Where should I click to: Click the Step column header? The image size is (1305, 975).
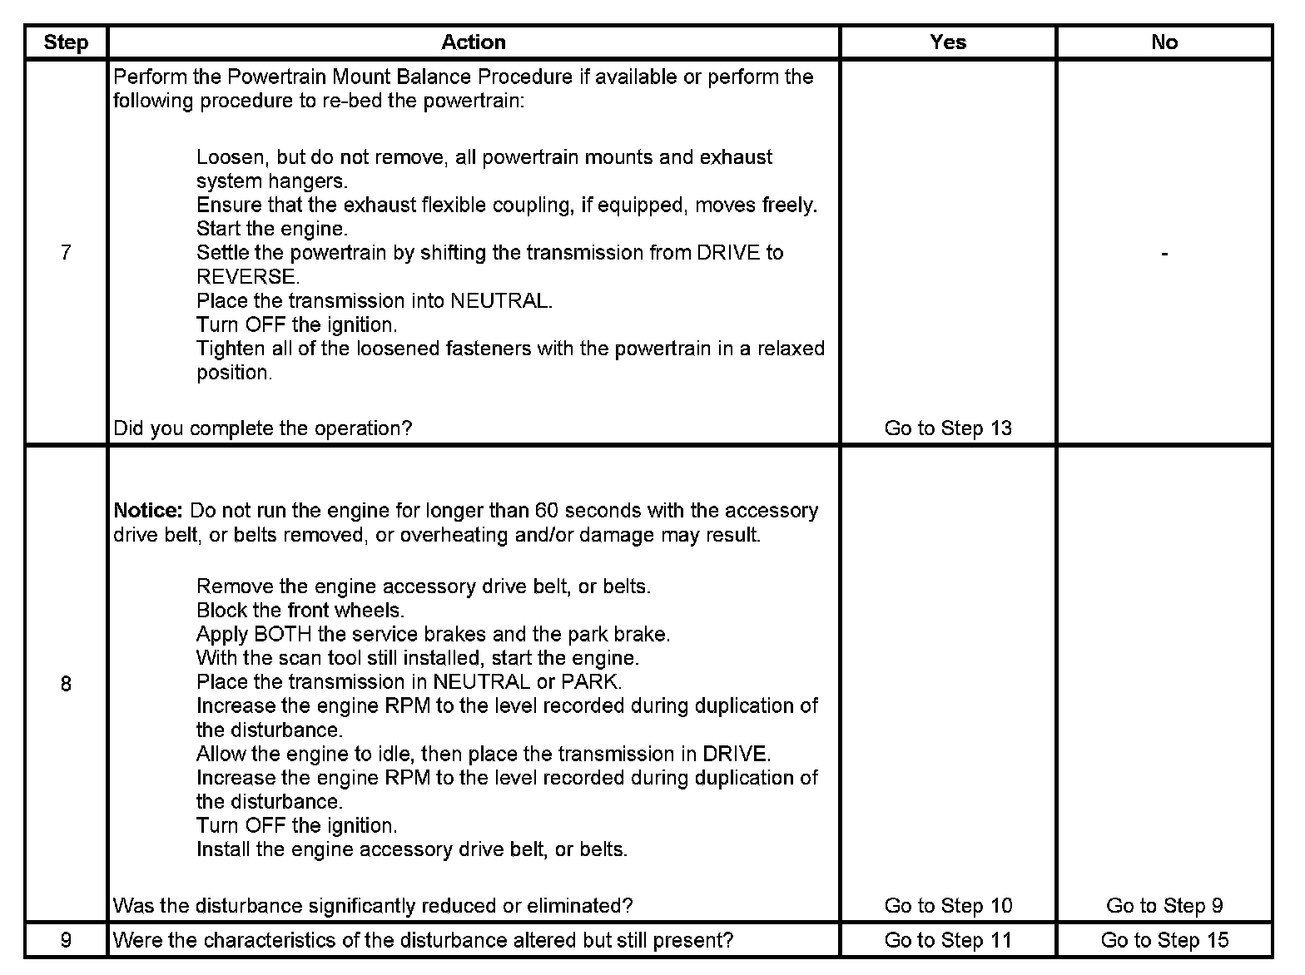(66, 42)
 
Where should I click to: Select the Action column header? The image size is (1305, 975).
(473, 42)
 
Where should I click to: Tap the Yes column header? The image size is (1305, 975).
(948, 42)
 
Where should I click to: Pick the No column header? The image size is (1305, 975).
(1164, 42)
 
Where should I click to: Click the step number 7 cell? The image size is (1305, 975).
(66, 253)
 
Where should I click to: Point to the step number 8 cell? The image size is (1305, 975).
(66, 684)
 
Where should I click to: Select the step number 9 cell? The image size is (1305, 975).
(66, 940)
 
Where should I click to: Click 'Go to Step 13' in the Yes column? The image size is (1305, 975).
(948, 428)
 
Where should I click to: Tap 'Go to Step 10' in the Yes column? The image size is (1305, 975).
(948, 905)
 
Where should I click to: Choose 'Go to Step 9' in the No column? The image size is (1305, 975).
(1164, 905)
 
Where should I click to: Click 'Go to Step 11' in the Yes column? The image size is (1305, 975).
(948, 940)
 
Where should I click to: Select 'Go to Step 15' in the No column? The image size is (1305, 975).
(1164, 940)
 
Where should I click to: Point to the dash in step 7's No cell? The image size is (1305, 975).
(1164, 253)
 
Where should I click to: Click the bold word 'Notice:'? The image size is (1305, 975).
(147, 510)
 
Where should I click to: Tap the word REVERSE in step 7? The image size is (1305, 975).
(247, 277)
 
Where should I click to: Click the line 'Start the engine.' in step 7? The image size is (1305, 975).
(272, 229)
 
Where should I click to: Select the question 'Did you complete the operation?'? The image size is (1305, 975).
(262, 428)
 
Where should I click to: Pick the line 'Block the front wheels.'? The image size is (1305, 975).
(300, 611)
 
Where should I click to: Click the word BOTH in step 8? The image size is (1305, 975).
(284, 635)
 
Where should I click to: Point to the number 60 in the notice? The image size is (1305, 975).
(547, 510)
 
